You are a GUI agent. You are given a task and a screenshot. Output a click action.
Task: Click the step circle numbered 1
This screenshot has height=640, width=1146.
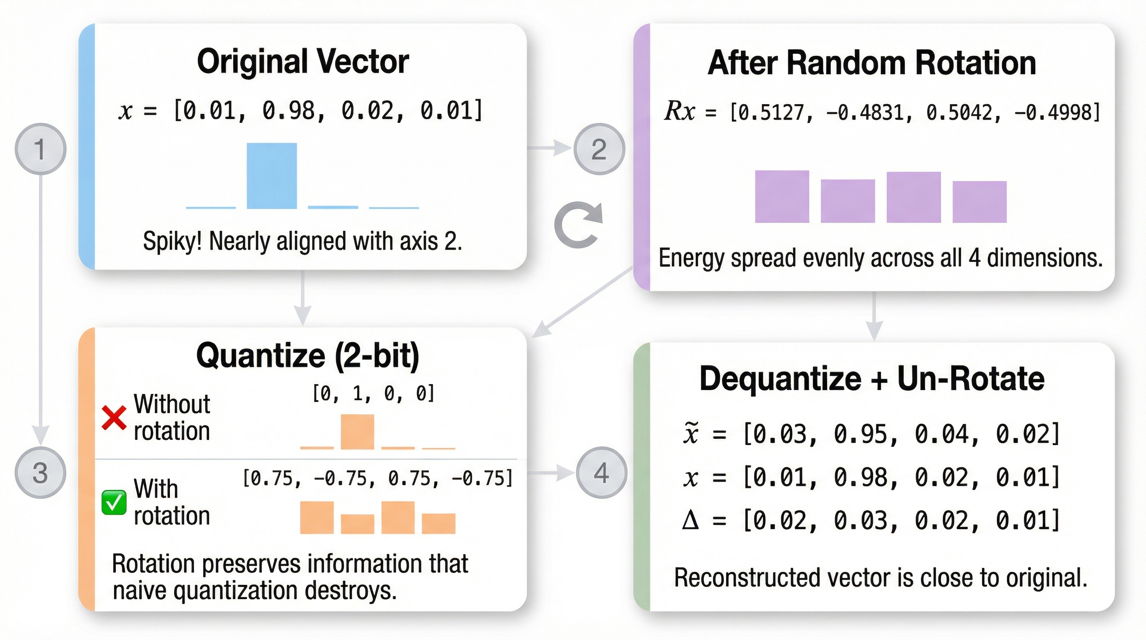coord(40,149)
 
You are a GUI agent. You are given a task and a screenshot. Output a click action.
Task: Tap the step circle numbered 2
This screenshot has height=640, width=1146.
coord(599,149)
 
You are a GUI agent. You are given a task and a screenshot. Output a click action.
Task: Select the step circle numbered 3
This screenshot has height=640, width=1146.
coord(40,472)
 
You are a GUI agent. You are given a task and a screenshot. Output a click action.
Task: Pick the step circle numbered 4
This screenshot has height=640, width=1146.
coord(601,472)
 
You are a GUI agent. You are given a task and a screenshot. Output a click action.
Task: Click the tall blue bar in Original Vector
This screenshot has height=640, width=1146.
coord(272,175)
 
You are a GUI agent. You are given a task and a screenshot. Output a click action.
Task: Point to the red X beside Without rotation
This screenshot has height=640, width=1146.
coord(114,417)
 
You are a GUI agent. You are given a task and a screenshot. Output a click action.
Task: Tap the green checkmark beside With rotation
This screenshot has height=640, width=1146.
coord(114,502)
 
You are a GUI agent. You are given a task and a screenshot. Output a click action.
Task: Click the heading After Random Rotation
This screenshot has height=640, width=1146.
coord(872,63)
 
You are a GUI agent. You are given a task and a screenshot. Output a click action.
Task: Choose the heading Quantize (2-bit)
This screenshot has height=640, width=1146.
coord(307,355)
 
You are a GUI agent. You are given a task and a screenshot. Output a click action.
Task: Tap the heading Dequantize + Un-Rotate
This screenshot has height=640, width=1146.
coord(872,379)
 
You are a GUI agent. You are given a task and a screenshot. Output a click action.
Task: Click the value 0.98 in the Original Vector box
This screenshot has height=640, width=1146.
coord(288,111)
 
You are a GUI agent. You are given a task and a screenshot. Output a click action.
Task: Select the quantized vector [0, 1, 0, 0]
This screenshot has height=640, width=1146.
coord(373,393)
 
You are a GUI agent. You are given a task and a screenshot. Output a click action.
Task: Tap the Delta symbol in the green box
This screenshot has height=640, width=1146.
coord(690,520)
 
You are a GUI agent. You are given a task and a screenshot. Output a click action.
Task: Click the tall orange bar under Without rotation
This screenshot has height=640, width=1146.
coord(357,431)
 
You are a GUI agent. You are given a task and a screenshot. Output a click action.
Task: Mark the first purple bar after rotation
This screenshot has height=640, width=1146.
coord(782,196)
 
